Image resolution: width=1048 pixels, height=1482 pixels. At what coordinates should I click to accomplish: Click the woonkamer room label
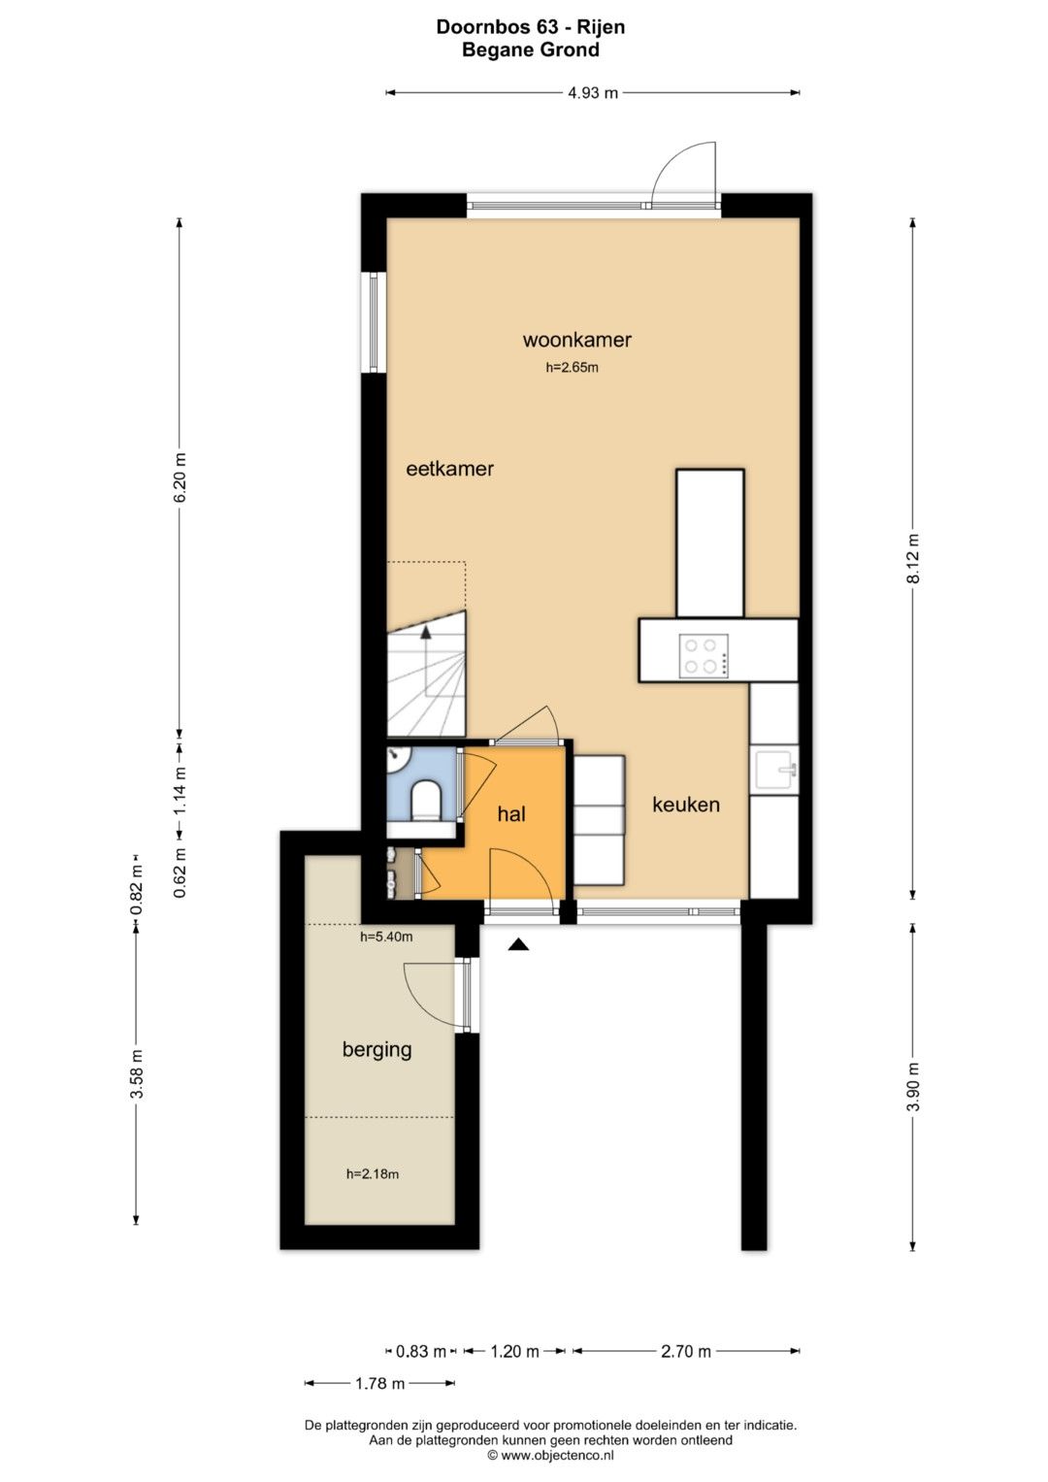pyautogui.click(x=576, y=340)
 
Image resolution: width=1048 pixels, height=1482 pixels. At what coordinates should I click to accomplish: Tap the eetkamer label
pyautogui.click(x=449, y=469)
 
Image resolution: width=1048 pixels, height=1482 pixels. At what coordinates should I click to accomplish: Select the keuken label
pyautogui.click(x=685, y=805)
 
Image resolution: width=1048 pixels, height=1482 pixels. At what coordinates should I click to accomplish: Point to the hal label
pyautogui.click(x=511, y=813)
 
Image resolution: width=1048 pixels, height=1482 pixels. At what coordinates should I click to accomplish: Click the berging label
pyautogui.click(x=377, y=1049)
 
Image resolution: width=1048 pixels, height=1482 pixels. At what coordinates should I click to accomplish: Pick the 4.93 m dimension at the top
pyautogui.click(x=593, y=92)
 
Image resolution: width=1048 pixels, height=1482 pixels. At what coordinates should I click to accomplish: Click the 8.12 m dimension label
pyautogui.click(x=913, y=558)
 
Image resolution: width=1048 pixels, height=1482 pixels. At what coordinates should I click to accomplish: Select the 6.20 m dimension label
pyautogui.click(x=180, y=478)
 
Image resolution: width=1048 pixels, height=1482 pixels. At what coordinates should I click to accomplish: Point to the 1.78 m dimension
pyautogui.click(x=379, y=1383)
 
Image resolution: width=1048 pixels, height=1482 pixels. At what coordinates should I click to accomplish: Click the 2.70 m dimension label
pyautogui.click(x=685, y=1351)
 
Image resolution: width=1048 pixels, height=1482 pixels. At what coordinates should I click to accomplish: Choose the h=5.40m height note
pyautogui.click(x=386, y=937)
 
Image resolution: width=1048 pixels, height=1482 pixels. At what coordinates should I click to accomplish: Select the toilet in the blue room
pyautogui.click(x=426, y=800)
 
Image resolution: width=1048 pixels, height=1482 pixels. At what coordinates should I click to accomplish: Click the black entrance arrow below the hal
pyautogui.click(x=519, y=944)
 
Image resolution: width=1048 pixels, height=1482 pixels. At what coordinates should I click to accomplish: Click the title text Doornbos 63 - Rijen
pyautogui.click(x=531, y=27)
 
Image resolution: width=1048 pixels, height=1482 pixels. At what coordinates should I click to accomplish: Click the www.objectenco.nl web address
pyautogui.click(x=557, y=1455)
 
